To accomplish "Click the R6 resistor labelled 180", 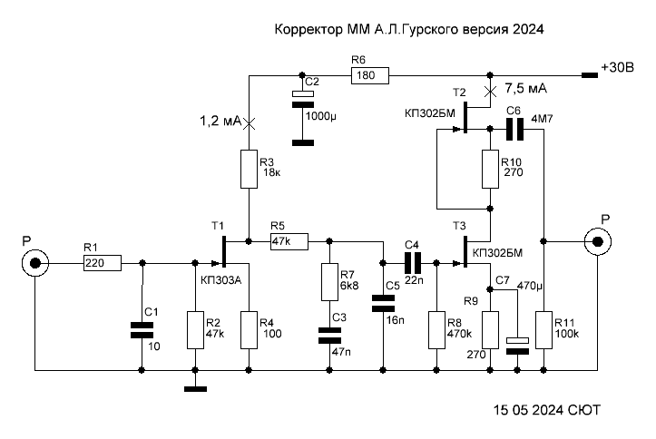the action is (370, 75).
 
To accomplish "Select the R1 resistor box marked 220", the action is (103, 263).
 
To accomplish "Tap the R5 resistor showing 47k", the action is (289, 241).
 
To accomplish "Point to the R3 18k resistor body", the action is (249, 170).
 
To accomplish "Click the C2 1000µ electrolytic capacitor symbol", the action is (303, 100).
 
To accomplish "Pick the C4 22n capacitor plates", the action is (413, 263).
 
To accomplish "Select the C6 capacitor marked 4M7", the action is (514, 129).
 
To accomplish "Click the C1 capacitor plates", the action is (142, 330).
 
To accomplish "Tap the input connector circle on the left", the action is (35, 263).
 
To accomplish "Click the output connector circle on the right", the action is (598, 241).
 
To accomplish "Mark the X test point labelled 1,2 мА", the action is (249, 123).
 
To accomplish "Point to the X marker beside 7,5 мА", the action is (490, 92).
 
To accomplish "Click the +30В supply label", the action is (618, 67).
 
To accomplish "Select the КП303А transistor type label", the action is (221, 280).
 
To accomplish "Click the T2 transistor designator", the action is (459, 93).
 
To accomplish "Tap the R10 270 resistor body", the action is (490, 170).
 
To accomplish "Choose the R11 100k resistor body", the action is (543, 330).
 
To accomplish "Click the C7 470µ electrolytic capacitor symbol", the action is (517, 346).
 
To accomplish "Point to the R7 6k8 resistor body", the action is (329, 282).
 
